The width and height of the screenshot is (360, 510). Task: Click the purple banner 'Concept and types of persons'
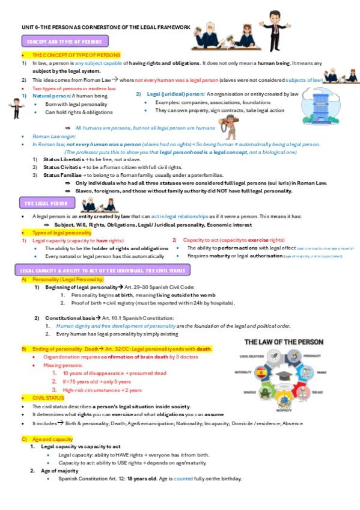tap(66, 41)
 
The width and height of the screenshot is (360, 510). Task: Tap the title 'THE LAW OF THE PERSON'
tap(283, 342)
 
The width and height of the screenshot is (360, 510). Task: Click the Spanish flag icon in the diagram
tap(261, 373)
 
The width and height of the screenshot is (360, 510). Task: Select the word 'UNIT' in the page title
tap(28, 27)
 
